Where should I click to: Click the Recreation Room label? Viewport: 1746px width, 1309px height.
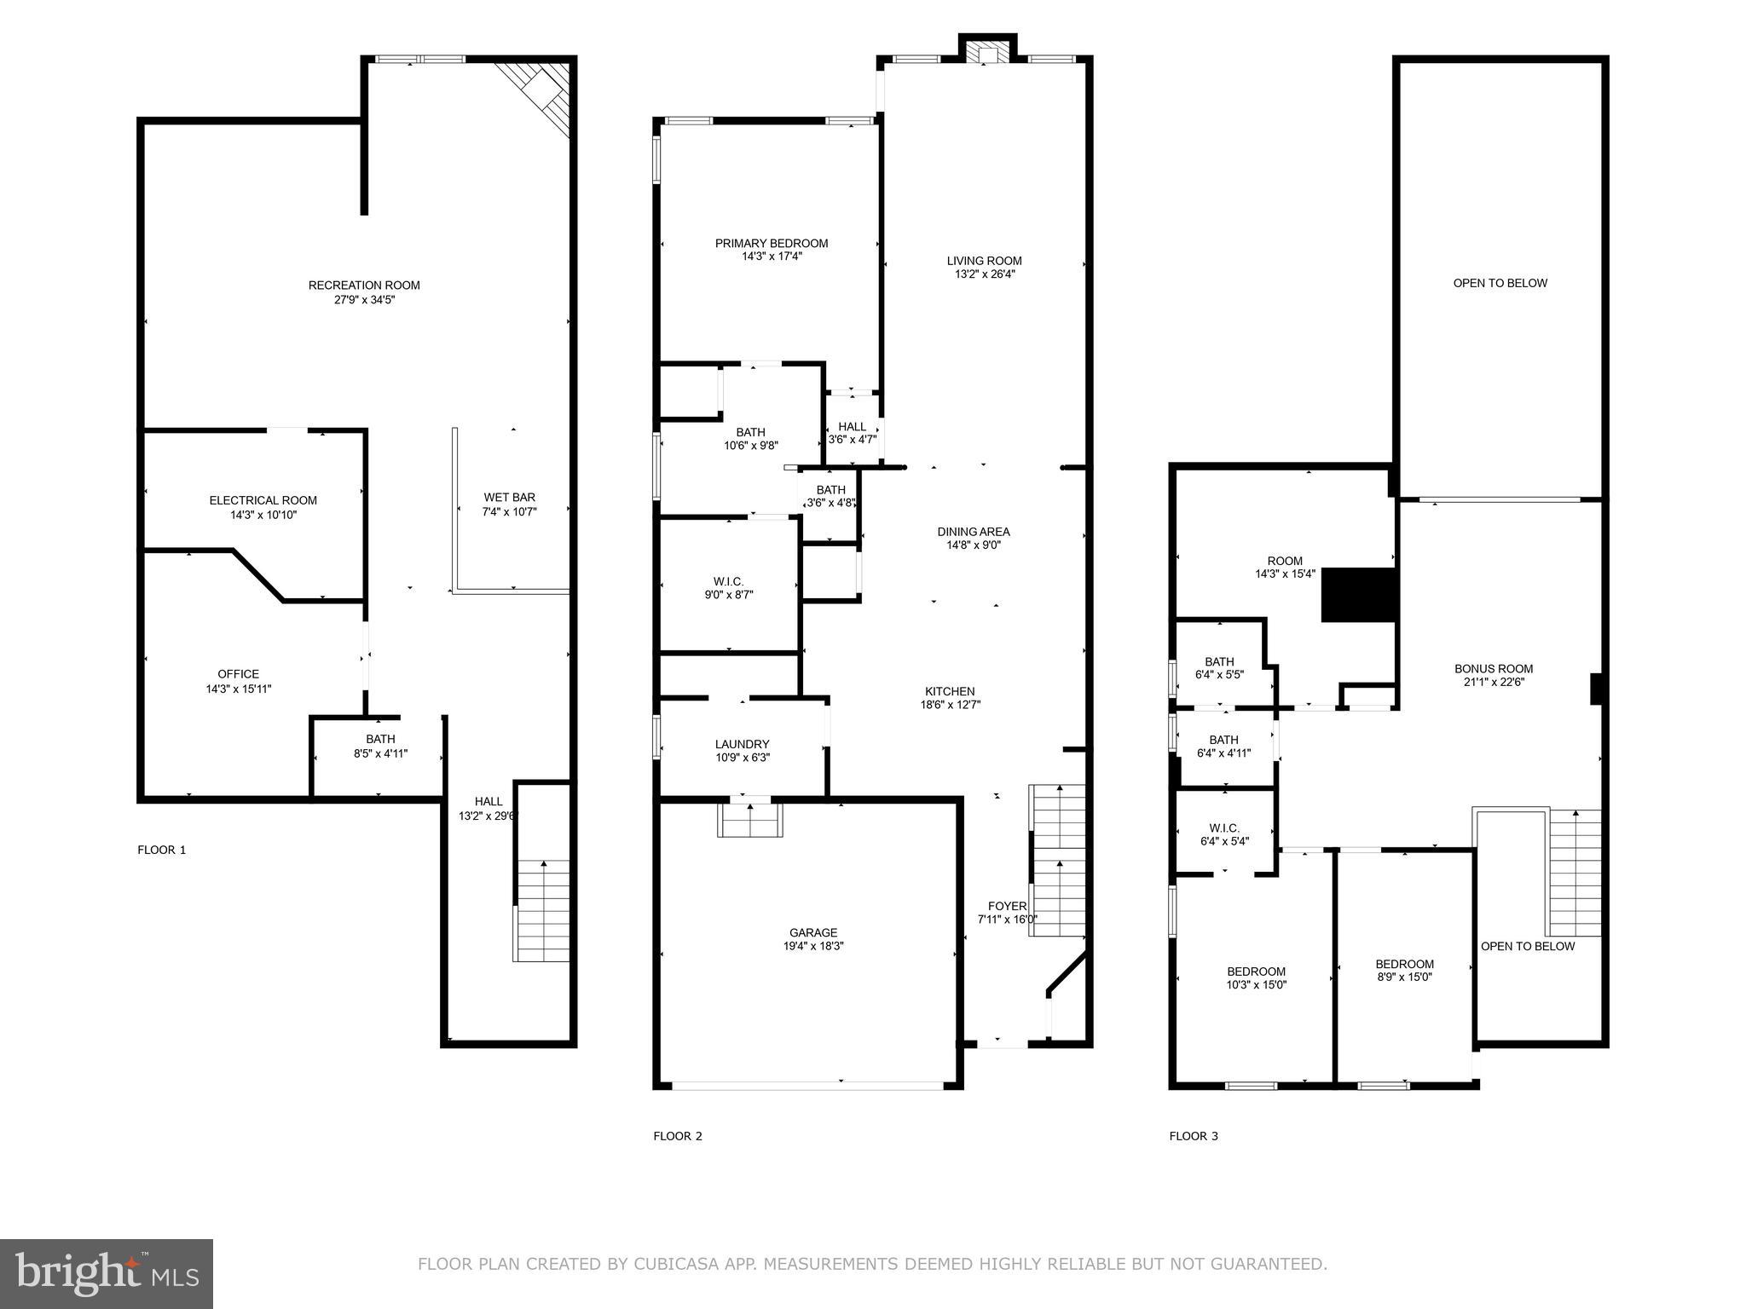point(364,285)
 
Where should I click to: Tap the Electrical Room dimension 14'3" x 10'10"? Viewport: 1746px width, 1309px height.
point(263,515)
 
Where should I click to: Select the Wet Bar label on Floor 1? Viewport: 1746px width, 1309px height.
point(509,498)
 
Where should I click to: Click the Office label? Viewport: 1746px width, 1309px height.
point(238,674)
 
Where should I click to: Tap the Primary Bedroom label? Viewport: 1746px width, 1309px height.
point(771,244)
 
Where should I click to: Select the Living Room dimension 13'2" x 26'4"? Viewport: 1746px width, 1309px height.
point(984,274)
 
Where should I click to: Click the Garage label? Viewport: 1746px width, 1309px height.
point(812,933)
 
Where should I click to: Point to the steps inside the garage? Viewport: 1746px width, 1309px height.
point(750,820)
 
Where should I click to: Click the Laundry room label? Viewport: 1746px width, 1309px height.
point(742,744)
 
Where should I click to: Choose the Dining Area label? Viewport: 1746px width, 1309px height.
point(973,532)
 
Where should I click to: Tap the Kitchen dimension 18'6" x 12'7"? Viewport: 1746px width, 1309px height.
point(950,705)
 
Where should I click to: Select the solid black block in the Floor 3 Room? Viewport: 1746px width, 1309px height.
point(1357,595)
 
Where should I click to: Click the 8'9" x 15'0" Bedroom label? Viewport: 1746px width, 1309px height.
point(1404,965)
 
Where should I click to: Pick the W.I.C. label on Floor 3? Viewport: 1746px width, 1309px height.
point(1223,828)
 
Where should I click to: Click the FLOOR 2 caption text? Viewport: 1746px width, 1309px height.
point(678,1136)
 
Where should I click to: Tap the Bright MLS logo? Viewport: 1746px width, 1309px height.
point(107,1274)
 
